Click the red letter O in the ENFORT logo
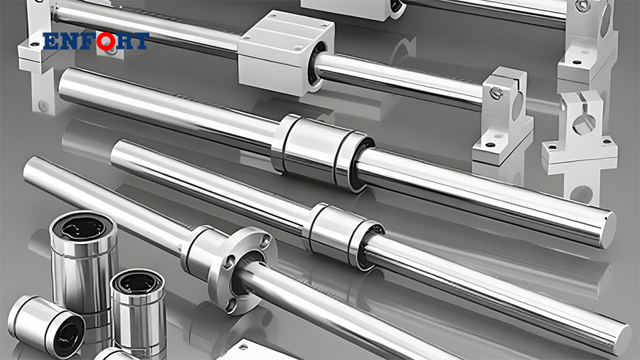click(x=107, y=41)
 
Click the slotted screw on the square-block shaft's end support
click(x=496, y=92)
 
